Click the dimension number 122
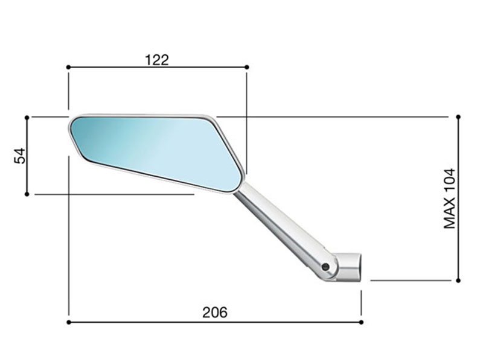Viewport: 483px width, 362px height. (157, 60)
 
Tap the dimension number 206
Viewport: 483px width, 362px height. (215, 313)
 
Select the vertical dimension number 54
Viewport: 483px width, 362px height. (20, 156)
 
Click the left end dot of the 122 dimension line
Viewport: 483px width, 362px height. (68, 67)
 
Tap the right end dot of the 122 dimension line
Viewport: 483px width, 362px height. (247, 67)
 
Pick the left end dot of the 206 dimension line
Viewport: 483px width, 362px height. (68, 322)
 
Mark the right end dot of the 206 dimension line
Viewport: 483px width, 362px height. (361, 322)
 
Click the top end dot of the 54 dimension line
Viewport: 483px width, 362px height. (27, 117)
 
